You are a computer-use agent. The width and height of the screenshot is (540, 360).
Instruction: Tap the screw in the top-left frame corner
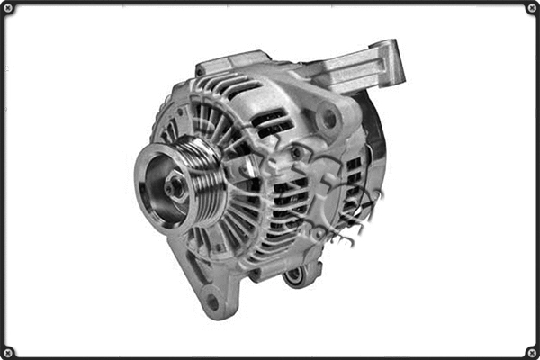[8, 8]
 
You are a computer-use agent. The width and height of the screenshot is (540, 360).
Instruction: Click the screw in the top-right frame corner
[532, 8]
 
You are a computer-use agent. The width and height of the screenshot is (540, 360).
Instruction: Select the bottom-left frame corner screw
[8, 352]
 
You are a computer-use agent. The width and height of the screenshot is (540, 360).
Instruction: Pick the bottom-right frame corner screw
[532, 352]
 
